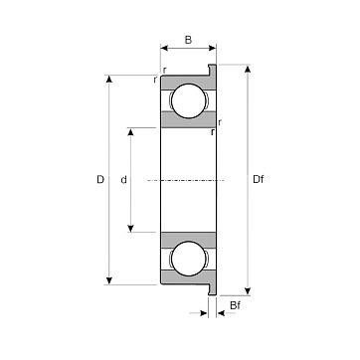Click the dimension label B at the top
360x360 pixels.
(x=188, y=40)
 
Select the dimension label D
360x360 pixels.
(x=100, y=180)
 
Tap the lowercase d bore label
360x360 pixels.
(x=123, y=180)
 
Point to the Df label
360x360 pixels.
(x=259, y=180)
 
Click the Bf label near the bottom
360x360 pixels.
(x=235, y=305)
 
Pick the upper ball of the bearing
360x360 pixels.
(x=189, y=100)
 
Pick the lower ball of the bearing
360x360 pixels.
(x=189, y=259)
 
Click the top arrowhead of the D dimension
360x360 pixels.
(x=109, y=79)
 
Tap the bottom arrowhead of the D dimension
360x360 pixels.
(x=109, y=280)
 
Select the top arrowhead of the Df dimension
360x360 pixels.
(x=248, y=69)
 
